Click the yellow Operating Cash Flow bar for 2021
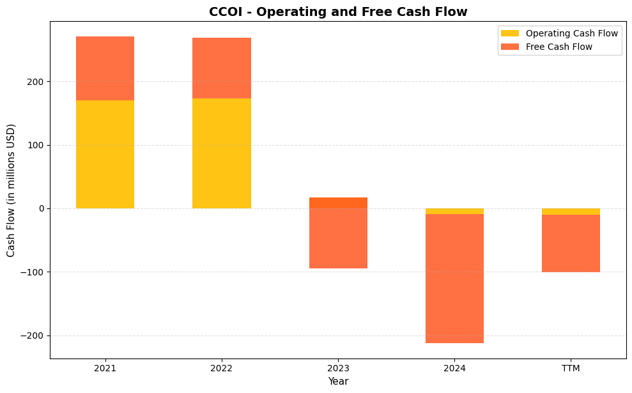pos(105,154)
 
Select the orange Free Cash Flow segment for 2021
pos(105,68)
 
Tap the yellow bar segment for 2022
pos(221,153)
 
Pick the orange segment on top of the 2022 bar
pos(221,68)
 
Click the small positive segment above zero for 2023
pos(338,203)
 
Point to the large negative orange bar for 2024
pos(454,279)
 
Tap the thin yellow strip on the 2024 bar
pos(454,211)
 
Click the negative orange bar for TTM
pos(571,243)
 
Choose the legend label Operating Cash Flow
pos(571,33)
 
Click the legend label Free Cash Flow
pos(559,47)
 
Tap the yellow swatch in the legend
pos(510,33)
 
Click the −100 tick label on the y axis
pos(33,272)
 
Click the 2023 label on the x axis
pos(338,368)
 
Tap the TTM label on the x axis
pos(571,368)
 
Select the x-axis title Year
pos(338,381)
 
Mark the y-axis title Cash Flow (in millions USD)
pos(11,190)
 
